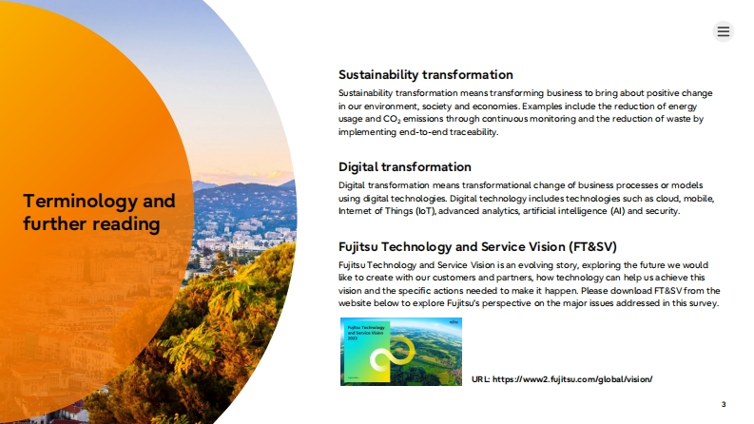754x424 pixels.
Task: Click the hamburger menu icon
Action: [x=724, y=31]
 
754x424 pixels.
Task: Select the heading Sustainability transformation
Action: [x=426, y=75]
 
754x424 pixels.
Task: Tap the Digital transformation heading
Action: [x=405, y=167]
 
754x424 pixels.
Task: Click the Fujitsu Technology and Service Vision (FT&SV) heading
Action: [x=477, y=247]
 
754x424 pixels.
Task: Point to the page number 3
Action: [x=724, y=404]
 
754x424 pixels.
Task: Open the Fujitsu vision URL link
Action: [x=572, y=379]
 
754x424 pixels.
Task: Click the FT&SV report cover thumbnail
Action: [x=401, y=352]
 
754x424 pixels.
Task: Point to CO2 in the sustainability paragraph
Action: [x=392, y=119]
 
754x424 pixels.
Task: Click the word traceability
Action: [x=474, y=132]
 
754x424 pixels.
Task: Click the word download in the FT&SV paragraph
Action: [x=632, y=291]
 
